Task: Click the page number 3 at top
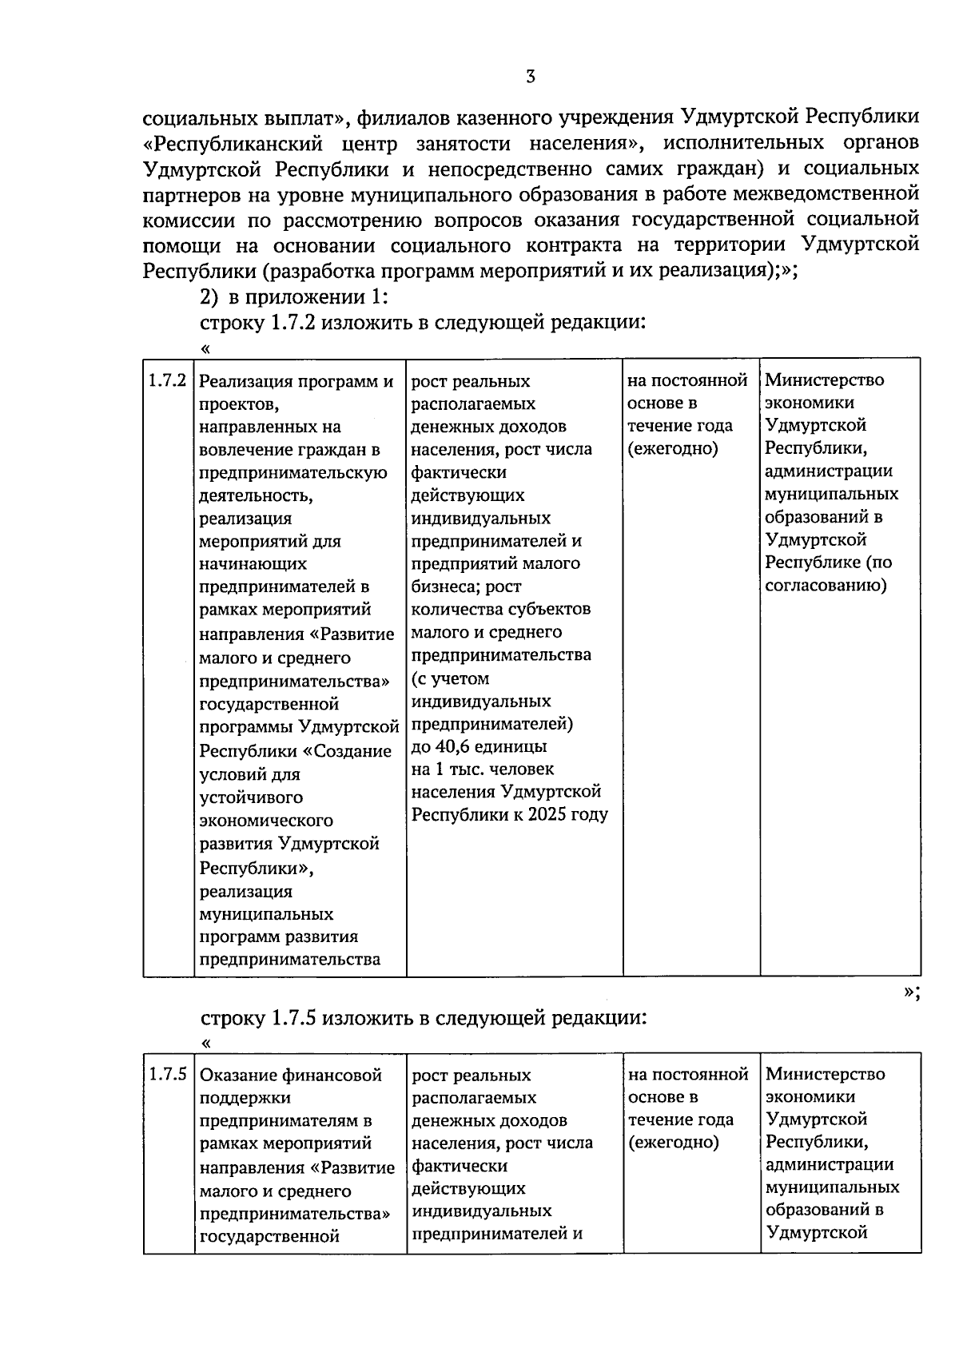click(531, 77)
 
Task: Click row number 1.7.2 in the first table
click(168, 380)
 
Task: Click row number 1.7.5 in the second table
click(168, 1074)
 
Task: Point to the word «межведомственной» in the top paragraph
click(836, 193)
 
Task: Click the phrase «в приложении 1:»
click(308, 297)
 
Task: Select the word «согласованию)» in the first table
click(826, 585)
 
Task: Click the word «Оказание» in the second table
click(235, 1075)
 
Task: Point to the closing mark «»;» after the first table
click(911, 992)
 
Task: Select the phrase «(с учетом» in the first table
click(449, 678)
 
